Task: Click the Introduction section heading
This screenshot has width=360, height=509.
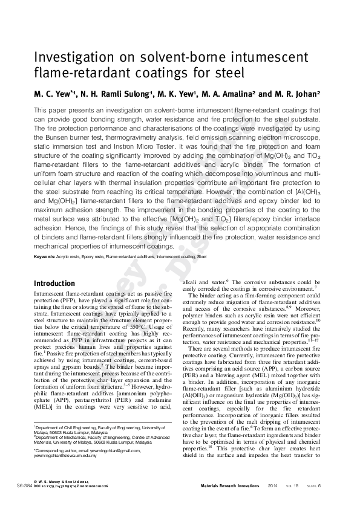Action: point(54,284)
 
